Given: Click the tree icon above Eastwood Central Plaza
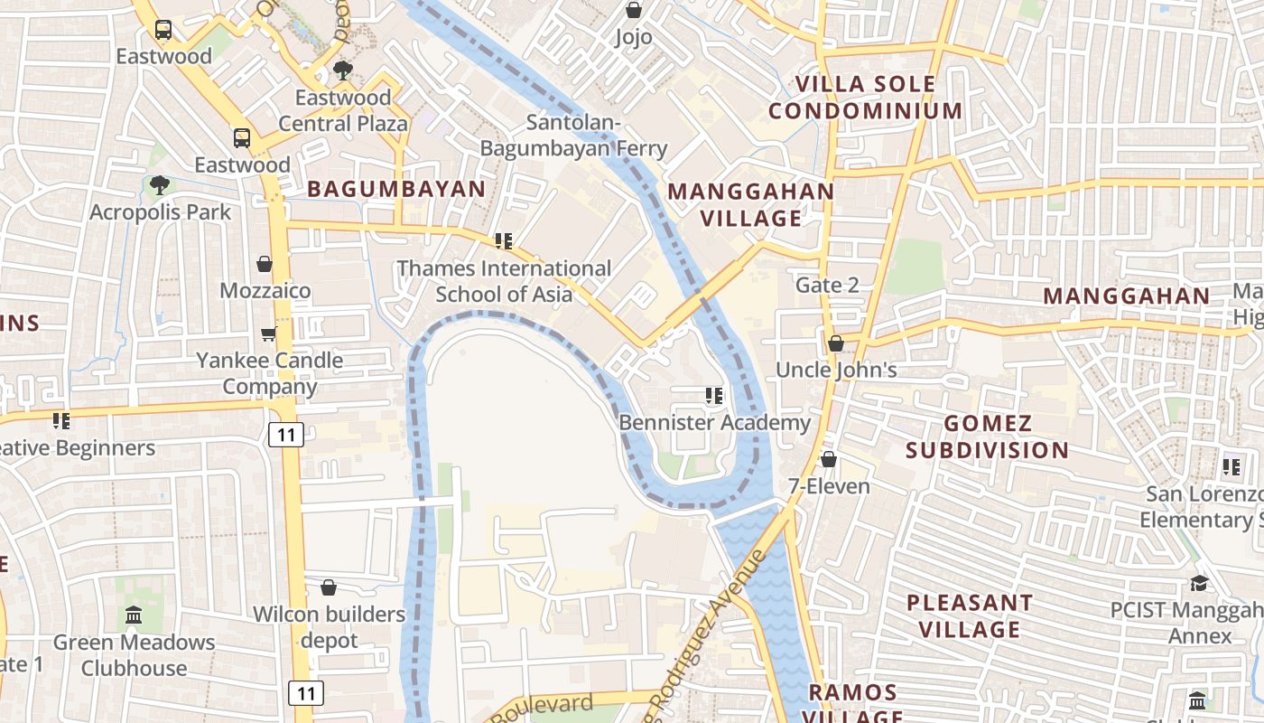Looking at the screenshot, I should [x=342, y=70].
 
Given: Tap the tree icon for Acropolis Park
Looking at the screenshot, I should [x=160, y=185].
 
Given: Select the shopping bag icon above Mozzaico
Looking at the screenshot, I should [x=265, y=264].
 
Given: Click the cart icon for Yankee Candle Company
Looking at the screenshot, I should [x=268, y=334].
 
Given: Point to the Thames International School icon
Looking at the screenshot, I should [x=504, y=241].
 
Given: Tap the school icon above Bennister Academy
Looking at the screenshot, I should [x=714, y=396].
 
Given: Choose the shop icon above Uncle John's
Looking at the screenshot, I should [x=836, y=343].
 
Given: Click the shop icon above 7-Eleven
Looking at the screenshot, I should [x=829, y=460].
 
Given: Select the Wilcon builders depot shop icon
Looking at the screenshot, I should [x=329, y=587].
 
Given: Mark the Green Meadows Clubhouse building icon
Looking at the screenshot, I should [x=134, y=615].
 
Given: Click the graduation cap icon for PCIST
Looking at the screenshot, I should [x=1199, y=583].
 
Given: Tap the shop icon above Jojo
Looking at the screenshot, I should [x=634, y=10].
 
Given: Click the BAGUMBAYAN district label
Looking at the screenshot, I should [x=396, y=189].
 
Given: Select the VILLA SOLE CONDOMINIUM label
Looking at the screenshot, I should [x=865, y=98].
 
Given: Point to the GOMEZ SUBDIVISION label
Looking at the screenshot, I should [x=987, y=437].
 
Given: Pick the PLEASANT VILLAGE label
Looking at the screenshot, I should [x=969, y=615].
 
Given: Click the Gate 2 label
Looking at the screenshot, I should [x=827, y=286].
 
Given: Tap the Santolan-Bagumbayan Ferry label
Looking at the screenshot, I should [x=573, y=136].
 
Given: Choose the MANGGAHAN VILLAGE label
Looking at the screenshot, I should [x=750, y=205].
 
